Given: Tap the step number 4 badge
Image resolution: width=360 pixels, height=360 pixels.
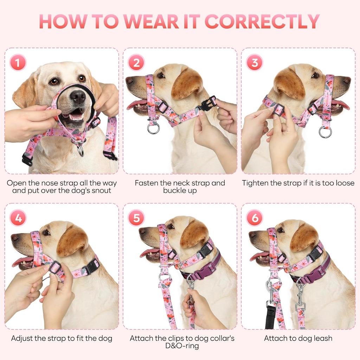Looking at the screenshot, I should [18, 218].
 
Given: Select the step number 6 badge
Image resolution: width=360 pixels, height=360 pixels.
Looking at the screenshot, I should [255, 218].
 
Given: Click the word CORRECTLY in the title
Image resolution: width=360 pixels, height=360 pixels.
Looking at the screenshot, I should [262, 22].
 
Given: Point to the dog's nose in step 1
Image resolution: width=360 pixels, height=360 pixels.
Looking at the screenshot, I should [78, 96].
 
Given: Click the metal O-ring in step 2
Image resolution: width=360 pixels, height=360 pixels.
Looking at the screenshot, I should [153, 128].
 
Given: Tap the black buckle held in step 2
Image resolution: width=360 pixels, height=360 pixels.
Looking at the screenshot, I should [209, 103].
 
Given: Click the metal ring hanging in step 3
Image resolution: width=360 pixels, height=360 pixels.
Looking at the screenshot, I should [325, 132].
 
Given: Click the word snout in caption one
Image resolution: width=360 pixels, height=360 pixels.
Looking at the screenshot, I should [100, 191].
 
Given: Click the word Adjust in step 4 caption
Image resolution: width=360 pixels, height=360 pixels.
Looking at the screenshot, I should [22, 339].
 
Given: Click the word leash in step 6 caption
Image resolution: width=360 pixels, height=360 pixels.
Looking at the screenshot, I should [322, 339].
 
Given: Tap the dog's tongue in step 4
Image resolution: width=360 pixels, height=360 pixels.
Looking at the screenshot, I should [22, 261].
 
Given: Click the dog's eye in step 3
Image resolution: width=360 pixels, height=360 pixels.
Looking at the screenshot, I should [315, 75].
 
